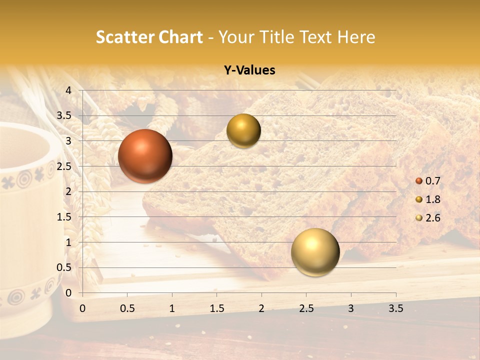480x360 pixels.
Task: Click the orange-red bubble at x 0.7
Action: click(x=145, y=156)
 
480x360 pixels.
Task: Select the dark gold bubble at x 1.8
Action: click(x=243, y=130)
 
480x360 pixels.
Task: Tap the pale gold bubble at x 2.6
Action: click(x=315, y=252)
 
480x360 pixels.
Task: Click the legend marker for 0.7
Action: click(x=419, y=181)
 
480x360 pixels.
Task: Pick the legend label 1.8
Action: click(x=432, y=199)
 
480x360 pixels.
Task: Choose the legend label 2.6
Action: click(x=432, y=218)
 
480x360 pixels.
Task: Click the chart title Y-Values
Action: click(x=249, y=70)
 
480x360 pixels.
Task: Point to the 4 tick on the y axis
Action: click(x=68, y=90)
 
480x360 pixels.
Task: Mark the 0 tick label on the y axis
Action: click(x=68, y=293)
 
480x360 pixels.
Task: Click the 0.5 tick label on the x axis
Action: click(x=127, y=308)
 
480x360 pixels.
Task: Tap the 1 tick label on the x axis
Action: click(x=172, y=308)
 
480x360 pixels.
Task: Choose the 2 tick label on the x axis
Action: click(x=261, y=308)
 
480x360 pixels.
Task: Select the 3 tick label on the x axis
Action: click(x=351, y=308)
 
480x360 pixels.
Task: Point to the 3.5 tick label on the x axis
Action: click(x=395, y=308)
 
